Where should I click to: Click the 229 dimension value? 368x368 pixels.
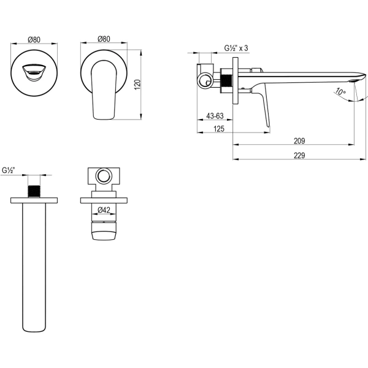coord(299,155)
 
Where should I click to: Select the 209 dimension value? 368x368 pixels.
coord(299,141)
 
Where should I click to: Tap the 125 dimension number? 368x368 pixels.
coord(219,129)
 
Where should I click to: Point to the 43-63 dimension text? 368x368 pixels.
coord(215,116)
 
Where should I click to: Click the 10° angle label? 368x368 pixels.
coord(340,91)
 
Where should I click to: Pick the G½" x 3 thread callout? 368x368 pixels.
coord(236,48)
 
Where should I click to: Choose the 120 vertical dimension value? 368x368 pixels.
coord(137,85)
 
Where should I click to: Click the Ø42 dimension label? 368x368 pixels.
coord(104,210)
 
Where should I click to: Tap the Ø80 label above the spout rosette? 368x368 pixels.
coord(34,40)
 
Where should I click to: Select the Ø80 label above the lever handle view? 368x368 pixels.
coord(104,39)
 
